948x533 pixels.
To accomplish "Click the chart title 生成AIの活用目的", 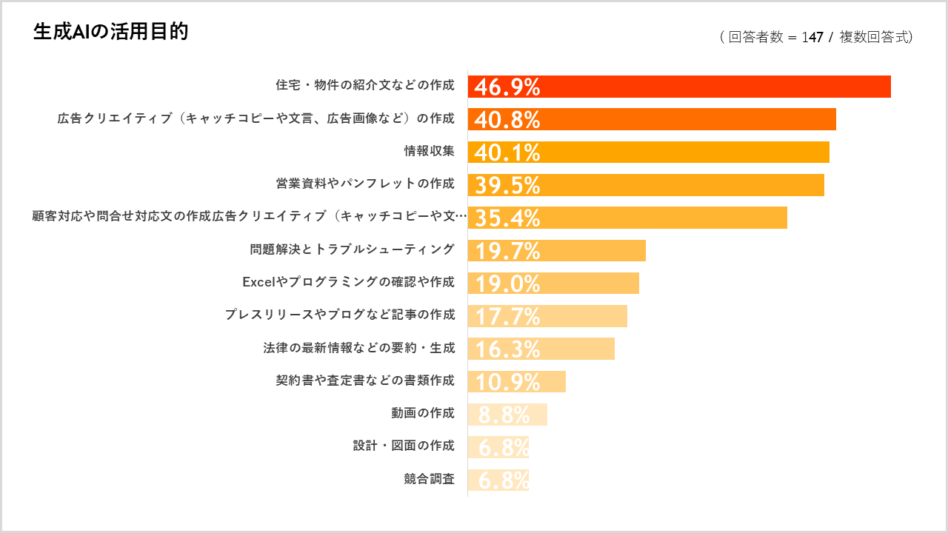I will (x=110, y=32).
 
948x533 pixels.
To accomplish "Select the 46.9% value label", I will (x=507, y=87).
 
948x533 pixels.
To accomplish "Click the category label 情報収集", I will (x=429, y=151).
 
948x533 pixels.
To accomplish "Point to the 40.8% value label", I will (x=507, y=120).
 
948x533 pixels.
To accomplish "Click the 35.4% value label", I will (x=507, y=218).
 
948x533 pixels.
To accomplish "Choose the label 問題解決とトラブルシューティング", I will (x=353, y=249).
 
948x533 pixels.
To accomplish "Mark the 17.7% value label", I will (x=507, y=317).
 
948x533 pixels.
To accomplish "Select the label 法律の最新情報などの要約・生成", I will (x=359, y=348).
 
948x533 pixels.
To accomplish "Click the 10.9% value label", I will (x=507, y=382).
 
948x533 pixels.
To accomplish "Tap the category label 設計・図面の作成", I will (x=404, y=446).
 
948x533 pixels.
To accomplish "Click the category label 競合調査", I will (x=429, y=479).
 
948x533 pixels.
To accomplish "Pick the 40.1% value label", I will (x=507, y=152).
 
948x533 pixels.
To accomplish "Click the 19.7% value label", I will (x=507, y=251).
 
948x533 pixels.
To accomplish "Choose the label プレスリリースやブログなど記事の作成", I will (x=340, y=315).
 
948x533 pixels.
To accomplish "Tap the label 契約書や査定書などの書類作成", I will (x=365, y=381).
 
